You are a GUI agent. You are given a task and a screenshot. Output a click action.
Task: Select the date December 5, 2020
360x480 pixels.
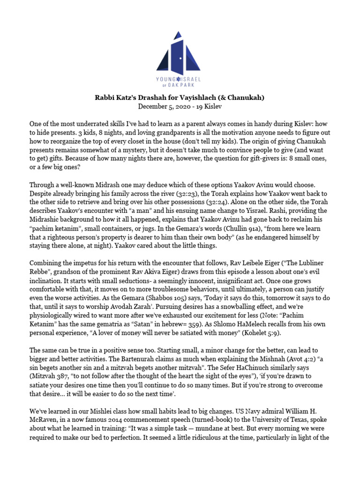tap(161, 106)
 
